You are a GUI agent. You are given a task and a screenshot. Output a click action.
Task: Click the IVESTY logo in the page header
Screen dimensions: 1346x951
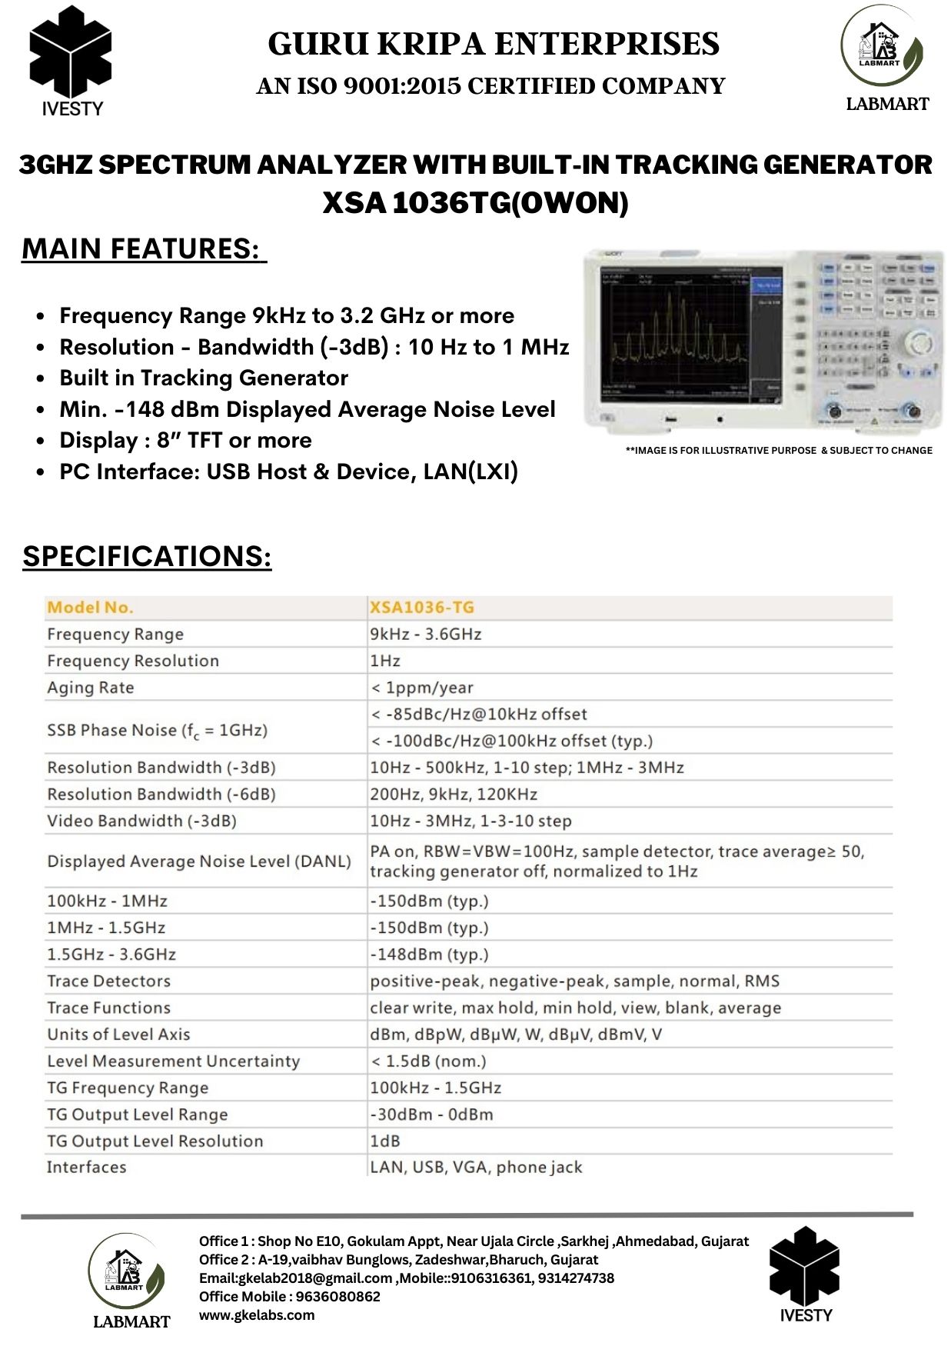click(71, 60)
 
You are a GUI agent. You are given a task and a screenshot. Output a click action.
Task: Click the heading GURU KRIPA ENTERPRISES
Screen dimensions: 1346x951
click(494, 45)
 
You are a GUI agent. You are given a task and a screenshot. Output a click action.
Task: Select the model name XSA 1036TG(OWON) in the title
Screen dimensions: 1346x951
click(475, 203)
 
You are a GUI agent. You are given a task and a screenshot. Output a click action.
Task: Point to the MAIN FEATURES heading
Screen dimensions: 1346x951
click(144, 249)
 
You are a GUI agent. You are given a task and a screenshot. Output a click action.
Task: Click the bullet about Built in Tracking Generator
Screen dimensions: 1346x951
click(204, 378)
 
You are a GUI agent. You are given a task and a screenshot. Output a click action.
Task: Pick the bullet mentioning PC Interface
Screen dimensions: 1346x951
click(288, 471)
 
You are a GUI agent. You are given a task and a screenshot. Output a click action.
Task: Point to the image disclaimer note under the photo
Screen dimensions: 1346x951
click(779, 451)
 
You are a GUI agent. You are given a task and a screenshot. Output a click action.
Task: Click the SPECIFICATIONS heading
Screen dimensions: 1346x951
click(147, 556)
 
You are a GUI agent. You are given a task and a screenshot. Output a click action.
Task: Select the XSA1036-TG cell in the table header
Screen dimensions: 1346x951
click(422, 608)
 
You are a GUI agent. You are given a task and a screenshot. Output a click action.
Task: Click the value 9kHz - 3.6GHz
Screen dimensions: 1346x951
click(426, 635)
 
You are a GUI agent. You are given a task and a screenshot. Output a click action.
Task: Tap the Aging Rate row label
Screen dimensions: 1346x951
click(91, 688)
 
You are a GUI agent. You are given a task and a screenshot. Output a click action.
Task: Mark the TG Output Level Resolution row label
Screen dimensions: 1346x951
click(155, 1141)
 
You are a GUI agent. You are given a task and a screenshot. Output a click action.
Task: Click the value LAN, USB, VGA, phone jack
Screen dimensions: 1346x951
click(476, 1168)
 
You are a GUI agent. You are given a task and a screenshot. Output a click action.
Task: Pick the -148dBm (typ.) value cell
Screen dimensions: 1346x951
click(430, 955)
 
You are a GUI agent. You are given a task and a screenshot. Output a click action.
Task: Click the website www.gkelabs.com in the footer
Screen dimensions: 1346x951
click(257, 1314)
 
